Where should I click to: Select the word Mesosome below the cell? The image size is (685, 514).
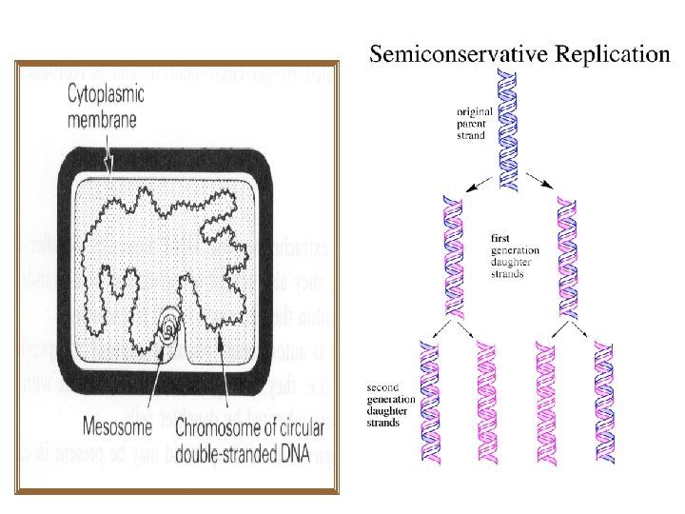pyautogui.click(x=118, y=422)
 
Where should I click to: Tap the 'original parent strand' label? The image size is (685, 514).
pyautogui.click(x=476, y=123)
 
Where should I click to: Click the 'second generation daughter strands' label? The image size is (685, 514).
pyautogui.click(x=390, y=404)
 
